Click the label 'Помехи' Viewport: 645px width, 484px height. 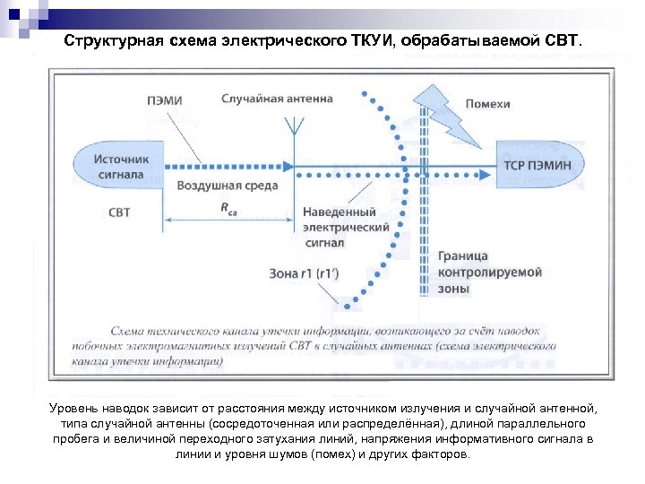[x=487, y=104]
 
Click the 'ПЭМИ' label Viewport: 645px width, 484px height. [x=164, y=100]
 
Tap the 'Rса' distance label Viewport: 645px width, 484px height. [x=230, y=207]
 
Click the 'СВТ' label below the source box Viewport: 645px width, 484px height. [x=119, y=212]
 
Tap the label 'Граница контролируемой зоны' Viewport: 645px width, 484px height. [x=477, y=271]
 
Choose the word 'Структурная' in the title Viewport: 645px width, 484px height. [x=114, y=42]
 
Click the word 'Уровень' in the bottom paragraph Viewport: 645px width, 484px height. [x=73, y=409]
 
